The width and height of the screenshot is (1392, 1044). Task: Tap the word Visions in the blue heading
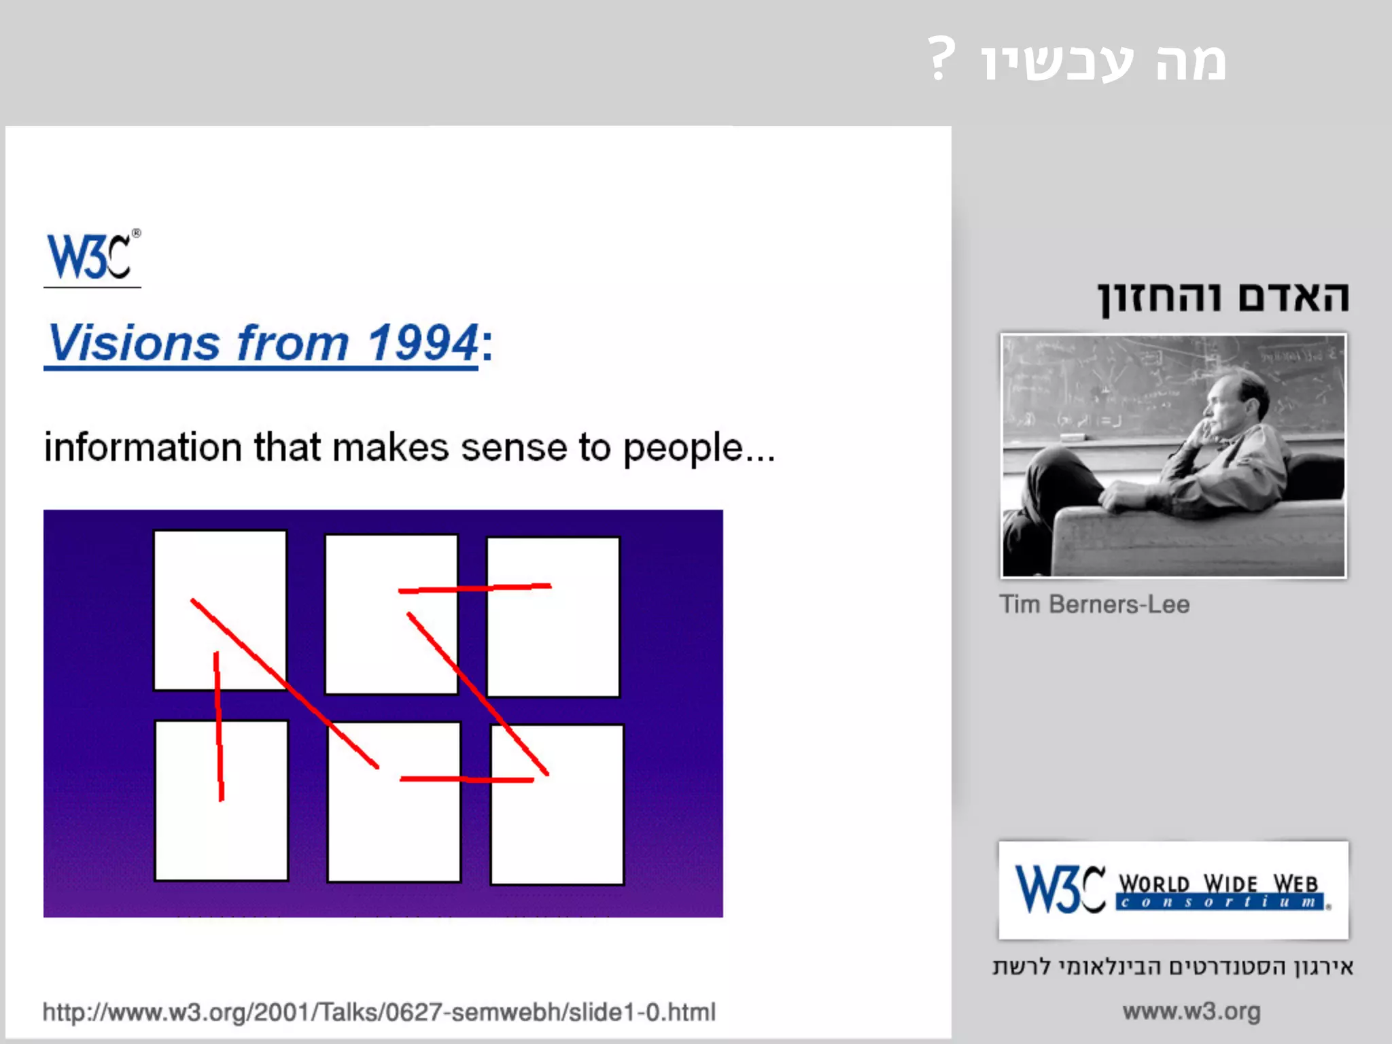(134, 343)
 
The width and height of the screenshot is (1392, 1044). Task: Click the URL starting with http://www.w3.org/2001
(379, 1012)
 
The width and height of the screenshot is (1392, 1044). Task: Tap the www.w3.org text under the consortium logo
(1191, 1011)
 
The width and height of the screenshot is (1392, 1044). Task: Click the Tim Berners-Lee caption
(1094, 604)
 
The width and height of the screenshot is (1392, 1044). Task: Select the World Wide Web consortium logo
(1173, 890)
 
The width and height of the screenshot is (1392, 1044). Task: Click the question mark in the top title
(941, 60)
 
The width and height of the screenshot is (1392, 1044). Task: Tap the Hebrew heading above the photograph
(1223, 298)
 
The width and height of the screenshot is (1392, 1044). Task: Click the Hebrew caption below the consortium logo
(1173, 967)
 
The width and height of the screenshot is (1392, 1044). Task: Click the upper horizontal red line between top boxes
(474, 588)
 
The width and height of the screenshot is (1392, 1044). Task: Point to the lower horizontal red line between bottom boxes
(466, 779)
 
